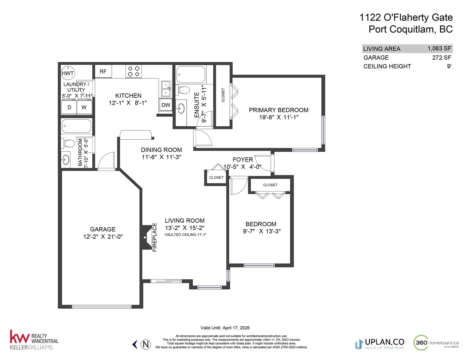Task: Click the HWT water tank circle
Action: [x=68, y=73]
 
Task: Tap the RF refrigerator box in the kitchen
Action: [x=103, y=71]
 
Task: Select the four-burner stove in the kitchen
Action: [x=134, y=71]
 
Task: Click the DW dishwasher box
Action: [x=165, y=105]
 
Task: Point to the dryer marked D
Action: [x=69, y=107]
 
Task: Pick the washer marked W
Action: [x=84, y=107]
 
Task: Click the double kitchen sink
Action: [x=166, y=89]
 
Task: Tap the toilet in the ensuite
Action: [x=183, y=90]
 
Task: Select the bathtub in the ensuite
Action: [x=191, y=74]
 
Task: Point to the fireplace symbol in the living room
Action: [x=147, y=237]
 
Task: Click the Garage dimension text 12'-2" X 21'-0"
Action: [x=103, y=237]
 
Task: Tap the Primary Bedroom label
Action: [x=278, y=110]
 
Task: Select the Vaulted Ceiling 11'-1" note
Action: [x=185, y=235]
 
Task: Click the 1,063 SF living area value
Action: [x=439, y=48]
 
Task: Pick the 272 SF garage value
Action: [x=442, y=57]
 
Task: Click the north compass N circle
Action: [x=146, y=344]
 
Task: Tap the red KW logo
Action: [x=20, y=337]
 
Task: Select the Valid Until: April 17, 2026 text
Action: [x=225, y=328]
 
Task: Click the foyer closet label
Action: [x=216, y=178]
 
